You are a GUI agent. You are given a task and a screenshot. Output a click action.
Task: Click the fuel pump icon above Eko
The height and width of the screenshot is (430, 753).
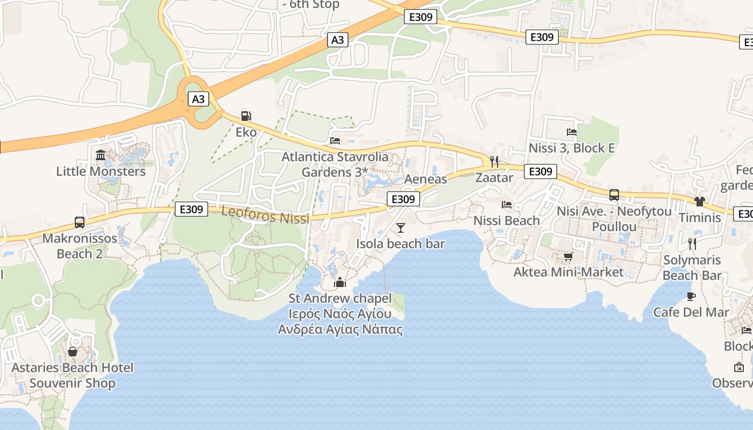point(246,116)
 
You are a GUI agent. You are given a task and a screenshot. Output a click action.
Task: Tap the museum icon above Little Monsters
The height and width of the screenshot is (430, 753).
point(101,155)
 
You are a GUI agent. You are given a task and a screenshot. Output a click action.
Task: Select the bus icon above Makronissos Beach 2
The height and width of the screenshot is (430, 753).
point(80,222)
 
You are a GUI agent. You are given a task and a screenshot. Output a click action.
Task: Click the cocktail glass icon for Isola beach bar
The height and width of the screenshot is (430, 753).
point(401,228)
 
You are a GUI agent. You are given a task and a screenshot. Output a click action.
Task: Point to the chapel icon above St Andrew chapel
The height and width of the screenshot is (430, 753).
point(340,282)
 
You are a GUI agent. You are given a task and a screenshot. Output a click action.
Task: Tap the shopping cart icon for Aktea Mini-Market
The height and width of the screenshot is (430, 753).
point(568,256)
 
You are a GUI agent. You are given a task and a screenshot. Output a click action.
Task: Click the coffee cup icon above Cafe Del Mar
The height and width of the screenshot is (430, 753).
point(691,296)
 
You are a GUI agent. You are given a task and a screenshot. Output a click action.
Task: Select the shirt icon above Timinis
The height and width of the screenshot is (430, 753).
point(699,202)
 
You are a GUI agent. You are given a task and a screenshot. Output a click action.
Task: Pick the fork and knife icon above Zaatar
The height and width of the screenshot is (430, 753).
point(494,161)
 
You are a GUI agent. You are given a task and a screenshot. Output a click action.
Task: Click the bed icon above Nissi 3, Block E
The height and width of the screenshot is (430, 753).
point(572,132)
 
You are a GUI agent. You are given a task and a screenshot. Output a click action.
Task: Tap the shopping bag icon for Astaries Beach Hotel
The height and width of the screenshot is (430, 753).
point(73,352)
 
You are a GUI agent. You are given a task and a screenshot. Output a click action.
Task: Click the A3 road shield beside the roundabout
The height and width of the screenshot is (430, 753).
point(198,99)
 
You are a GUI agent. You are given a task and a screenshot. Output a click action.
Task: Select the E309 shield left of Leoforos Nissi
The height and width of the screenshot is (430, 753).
point(191,209)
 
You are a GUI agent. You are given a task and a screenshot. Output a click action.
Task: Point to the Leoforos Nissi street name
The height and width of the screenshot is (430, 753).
point(265,215)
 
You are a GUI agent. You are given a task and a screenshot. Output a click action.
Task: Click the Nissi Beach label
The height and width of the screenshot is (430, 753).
point(507,220)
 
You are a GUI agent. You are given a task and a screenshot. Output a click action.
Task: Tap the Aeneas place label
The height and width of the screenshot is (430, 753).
point(425,179)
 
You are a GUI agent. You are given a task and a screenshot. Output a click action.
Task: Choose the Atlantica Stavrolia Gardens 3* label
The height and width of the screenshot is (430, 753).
point(335,164)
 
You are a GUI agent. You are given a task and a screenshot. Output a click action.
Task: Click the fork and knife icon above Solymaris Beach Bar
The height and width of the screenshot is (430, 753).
point(692,243)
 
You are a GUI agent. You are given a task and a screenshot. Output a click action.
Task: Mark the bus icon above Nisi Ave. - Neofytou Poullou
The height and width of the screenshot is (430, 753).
point(614,195)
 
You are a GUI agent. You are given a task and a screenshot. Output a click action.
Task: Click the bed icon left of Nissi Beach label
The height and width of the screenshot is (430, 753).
point(507,204)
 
